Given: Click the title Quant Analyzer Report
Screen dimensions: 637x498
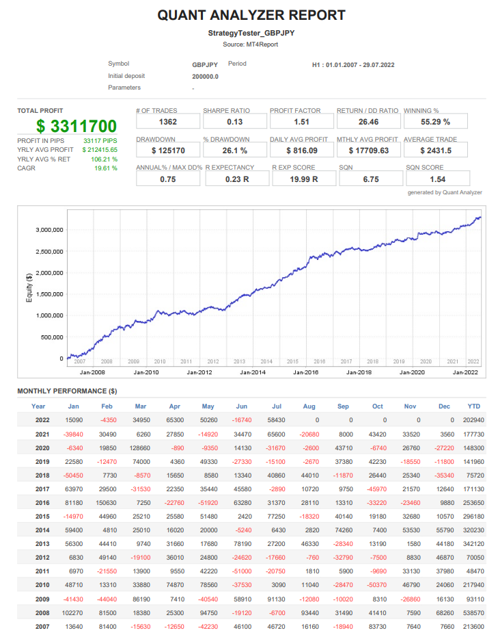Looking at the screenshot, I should [x=251, y=15].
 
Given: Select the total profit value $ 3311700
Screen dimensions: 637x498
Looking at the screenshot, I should [x=77, y=126].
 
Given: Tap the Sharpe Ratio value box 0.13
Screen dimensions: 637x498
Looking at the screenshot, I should [x=234, y=122].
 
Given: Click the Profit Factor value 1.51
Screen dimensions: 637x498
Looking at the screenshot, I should [x=301, y=122].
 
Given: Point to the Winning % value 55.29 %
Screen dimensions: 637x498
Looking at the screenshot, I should [x=435, y=122].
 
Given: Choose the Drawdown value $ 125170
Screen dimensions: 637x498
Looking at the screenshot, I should [x=167, y=151].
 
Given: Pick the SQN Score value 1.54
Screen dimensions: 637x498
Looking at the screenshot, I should [x=435, y=179].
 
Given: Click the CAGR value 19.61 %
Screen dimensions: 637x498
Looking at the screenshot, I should [x=106, y=168].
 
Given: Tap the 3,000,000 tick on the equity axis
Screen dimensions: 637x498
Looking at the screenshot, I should [x=49, y=229].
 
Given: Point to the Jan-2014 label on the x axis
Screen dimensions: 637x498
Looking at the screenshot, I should [x=253, y=372].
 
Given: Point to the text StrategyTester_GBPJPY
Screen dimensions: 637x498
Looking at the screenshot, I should [x=251, y=33].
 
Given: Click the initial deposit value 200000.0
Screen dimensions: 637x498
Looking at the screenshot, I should [x=205, y=76].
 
